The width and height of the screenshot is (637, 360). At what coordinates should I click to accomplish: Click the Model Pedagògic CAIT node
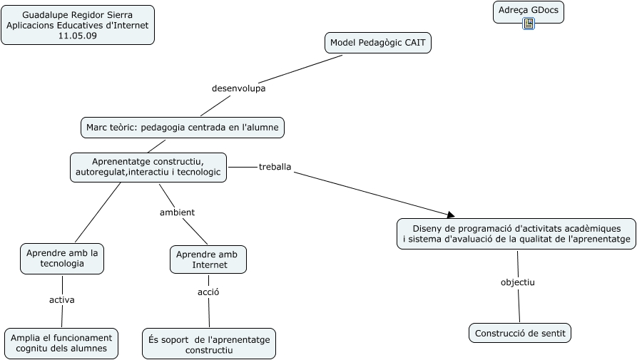tap(378, 43)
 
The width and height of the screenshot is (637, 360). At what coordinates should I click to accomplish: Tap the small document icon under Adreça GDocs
tap(529, 24)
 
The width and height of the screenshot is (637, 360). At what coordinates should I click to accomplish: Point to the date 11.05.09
tap(78, 36)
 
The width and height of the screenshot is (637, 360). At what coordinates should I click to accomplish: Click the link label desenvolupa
tap(238, 88)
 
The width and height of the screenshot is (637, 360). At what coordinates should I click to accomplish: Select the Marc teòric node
tap(183, 128)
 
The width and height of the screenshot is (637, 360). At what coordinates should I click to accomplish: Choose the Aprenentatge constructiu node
tap(148, 167)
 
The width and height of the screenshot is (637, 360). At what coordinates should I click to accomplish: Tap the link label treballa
tap(275, 167)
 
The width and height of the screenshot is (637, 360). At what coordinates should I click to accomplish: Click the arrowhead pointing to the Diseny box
tap(450, 214)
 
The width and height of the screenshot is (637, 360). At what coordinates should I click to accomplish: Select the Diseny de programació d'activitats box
tap(516, 233)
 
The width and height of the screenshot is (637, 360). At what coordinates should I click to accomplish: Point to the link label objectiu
tap(517, 282)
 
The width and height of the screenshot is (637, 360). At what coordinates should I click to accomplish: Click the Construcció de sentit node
tap(520, 333)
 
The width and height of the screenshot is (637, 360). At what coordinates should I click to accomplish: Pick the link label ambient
tap(177, 212)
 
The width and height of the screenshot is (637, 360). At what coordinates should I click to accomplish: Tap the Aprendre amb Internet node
tap(208, 259)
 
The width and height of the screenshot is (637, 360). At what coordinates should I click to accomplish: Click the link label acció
tap(208, 292)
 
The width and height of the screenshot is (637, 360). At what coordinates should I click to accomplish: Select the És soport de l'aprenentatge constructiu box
tap(208, 344)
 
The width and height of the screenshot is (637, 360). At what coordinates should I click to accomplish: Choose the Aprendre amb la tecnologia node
tap(62, 258)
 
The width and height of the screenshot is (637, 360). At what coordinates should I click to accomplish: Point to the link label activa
tap(62, 300)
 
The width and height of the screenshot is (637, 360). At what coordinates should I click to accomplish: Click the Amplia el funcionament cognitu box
tap(61, 343)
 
